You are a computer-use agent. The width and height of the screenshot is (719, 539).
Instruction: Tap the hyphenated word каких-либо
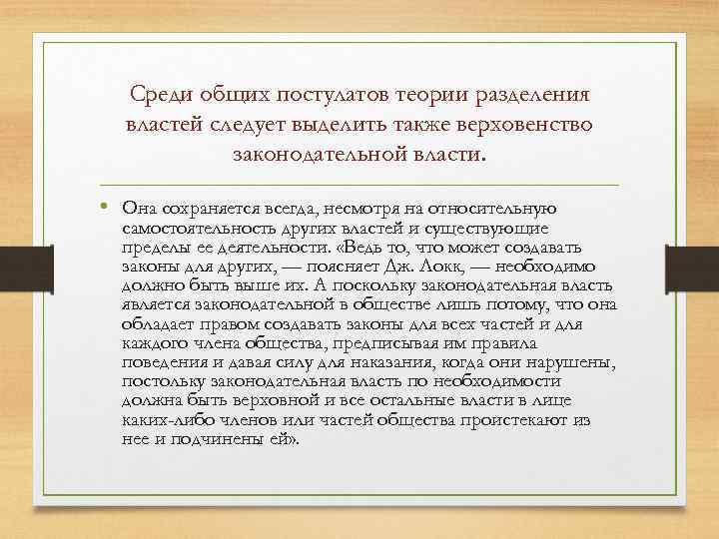(165, 420)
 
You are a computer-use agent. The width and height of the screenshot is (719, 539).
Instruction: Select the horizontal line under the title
(359, 186)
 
